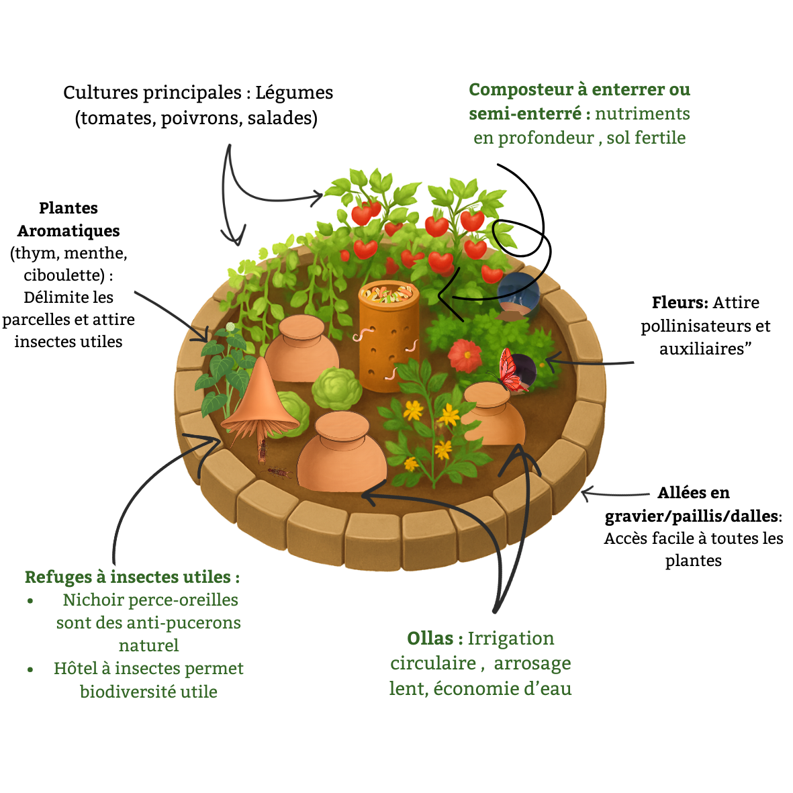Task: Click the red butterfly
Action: pyautogui.click(x=512, y=371)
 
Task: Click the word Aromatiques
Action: pyautogui.click(x=68, y=231)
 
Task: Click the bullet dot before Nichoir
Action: pyautogui.click(x=30, y=601)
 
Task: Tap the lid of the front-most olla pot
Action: pyautogui.click(x=342, y=427)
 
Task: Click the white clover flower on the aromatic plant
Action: pyautogui.click(x=230, y=327)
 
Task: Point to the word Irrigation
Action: pyautogui.click(x=511, y=639)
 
